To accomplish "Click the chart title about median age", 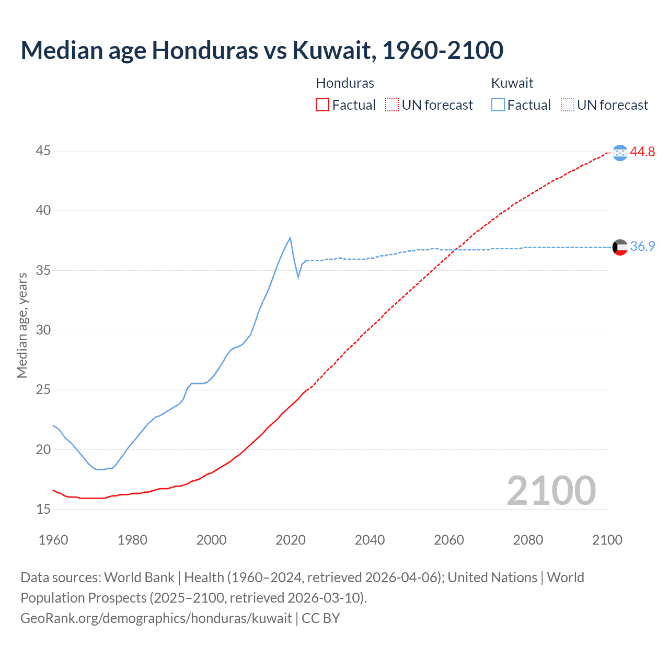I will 262,50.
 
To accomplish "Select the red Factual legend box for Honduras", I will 322,105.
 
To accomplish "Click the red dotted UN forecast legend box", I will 392,105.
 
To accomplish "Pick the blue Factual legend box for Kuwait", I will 498,105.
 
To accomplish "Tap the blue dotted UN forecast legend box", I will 568,105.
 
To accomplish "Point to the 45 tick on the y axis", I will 43,151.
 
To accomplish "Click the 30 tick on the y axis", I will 43,330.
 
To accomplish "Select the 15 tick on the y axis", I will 43,509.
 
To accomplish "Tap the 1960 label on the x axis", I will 53,540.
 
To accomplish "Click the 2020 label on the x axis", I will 291,540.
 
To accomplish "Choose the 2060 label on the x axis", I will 449,540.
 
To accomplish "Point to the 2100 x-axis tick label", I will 607,540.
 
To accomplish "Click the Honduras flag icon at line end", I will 620,153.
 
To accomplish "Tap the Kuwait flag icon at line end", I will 620,247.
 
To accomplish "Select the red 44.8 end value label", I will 642,152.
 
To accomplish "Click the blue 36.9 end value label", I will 642,247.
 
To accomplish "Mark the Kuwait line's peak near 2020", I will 290,238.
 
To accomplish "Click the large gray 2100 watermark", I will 551,490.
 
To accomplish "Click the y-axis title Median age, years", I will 22,325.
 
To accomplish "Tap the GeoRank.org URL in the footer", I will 156,618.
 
